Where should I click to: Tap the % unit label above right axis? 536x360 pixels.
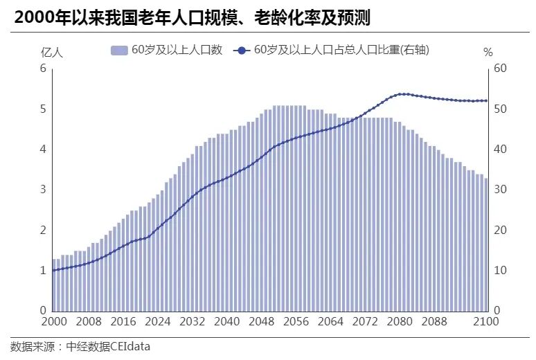(x=488, y=52)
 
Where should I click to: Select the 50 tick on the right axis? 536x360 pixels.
(x=500, y=109)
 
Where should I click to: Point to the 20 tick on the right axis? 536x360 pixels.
(x=500, y=230)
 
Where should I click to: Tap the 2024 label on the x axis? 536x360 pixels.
(x=159, y=321)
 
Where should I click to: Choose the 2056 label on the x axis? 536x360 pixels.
(x=296, y=321)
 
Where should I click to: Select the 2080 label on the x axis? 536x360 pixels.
(x=400, y=321)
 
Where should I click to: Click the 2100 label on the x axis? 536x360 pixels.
(x=485, y=321)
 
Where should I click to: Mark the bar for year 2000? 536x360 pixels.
(x=54, y=285)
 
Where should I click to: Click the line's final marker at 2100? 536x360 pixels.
(x=486, y=100)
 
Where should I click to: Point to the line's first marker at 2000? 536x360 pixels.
(x=54, y=270)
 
